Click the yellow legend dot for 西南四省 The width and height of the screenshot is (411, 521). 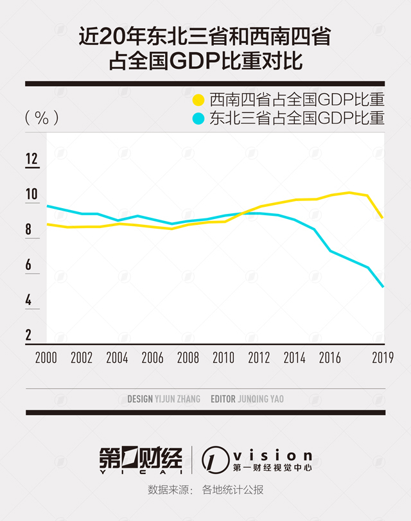point(199,100)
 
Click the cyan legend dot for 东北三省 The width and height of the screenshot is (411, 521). point(199,118)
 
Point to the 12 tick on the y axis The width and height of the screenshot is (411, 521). point(32,159)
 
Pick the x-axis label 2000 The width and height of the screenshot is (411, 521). point(46,358)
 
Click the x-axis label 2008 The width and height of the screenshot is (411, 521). point(188,358)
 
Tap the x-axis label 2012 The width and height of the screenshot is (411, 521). point(259,358)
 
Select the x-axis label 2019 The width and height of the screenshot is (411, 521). point(383,358)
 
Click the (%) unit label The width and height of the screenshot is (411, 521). point(42,118)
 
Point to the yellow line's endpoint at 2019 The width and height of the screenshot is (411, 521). point(383,218)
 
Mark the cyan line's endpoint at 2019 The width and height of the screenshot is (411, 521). point(383,287)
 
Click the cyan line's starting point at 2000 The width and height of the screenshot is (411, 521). point(48,206)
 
